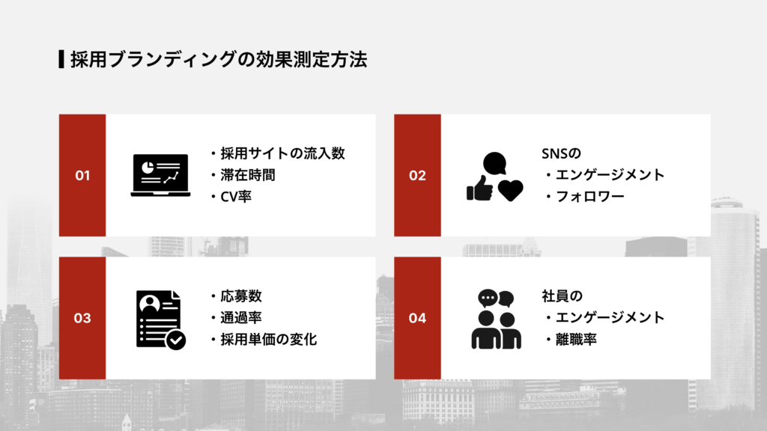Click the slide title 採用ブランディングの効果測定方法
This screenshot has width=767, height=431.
tap(219, 60)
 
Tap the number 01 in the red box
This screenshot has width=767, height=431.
tap(82, 176)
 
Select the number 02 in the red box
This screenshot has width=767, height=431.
tap(417, 176)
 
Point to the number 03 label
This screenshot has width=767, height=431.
tap(82, 318)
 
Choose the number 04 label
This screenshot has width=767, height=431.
tap(417, 318)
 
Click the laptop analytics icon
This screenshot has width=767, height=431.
tap(160, 175)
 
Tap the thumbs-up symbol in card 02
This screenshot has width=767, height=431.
tap(479, 189)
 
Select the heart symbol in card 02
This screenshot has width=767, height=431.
tap(511, 191)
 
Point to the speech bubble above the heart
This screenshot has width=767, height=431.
tap(495, 162)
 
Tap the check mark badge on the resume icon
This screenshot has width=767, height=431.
tap(176, 340)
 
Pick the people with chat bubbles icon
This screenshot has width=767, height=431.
tap(496, 320)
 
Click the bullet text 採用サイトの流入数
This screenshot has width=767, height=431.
tap(282, 153)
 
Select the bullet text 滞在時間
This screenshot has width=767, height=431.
tap(247, 176)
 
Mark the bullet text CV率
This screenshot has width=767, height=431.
tap(236, 198)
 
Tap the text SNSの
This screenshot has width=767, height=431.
tap(561, 153)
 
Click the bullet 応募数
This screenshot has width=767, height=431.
tap(240, 296)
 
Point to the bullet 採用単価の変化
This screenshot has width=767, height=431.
tap(268, 340)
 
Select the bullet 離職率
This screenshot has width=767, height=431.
tap(576, 340)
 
